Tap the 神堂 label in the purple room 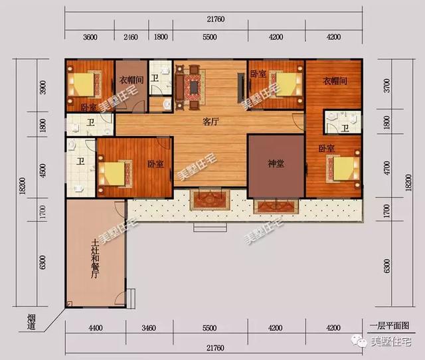(276, 163)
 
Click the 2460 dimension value (131, 37)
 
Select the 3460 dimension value (148, 327)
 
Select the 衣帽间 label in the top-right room (336, 80)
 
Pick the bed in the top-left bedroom (84, 85)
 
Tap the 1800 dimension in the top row (161, 37)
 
